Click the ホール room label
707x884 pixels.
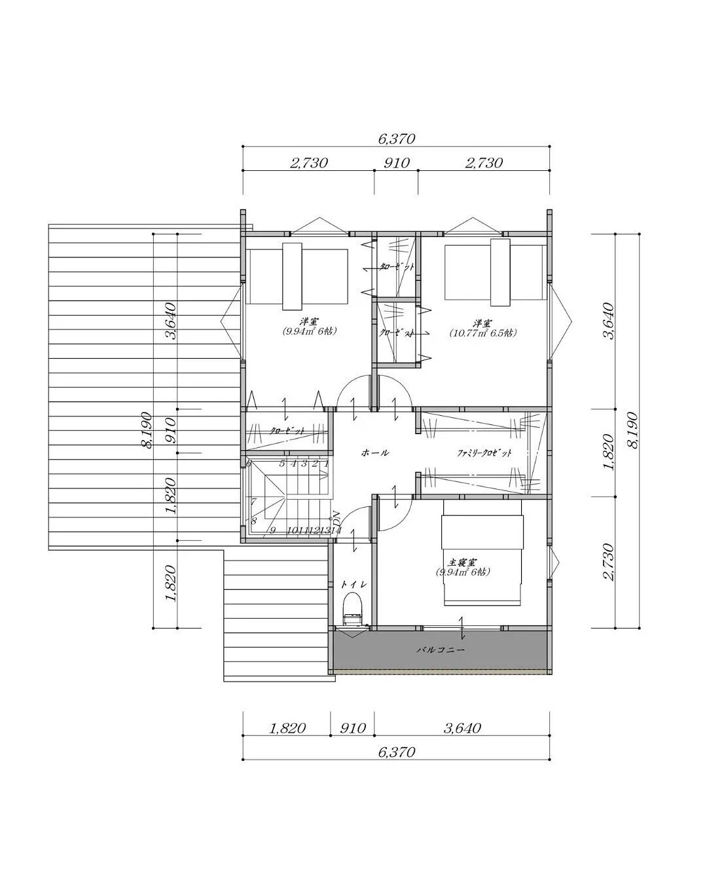pyautogui.click(x=375, y=452)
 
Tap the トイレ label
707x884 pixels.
pyautogui.click(x=353, y=584)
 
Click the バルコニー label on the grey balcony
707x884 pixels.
pyautogui.click(x=441, y=650)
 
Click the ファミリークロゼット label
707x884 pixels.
pyautogui.click(x=484, y=453)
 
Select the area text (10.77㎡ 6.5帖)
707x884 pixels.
pyautogui.click(x=482, y=333)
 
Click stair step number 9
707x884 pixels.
pyautogui.click(x=272, y=530)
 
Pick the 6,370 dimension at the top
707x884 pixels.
pyautogui.click(x=396, y=139)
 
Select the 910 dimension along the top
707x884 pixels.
pyautogui.click(x=396, y=162)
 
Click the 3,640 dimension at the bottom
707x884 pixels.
pyautogui.click(x=462, y=728)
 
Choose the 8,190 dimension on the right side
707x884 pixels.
pyautogui.click(x=632, y=430)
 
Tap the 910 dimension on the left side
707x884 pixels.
pyautogui.click(x=170, y=430)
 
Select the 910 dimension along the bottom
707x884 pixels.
pyautogui.click(x=352, y=728)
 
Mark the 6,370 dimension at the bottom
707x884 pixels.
pyautogui.click(x=396, y=752)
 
